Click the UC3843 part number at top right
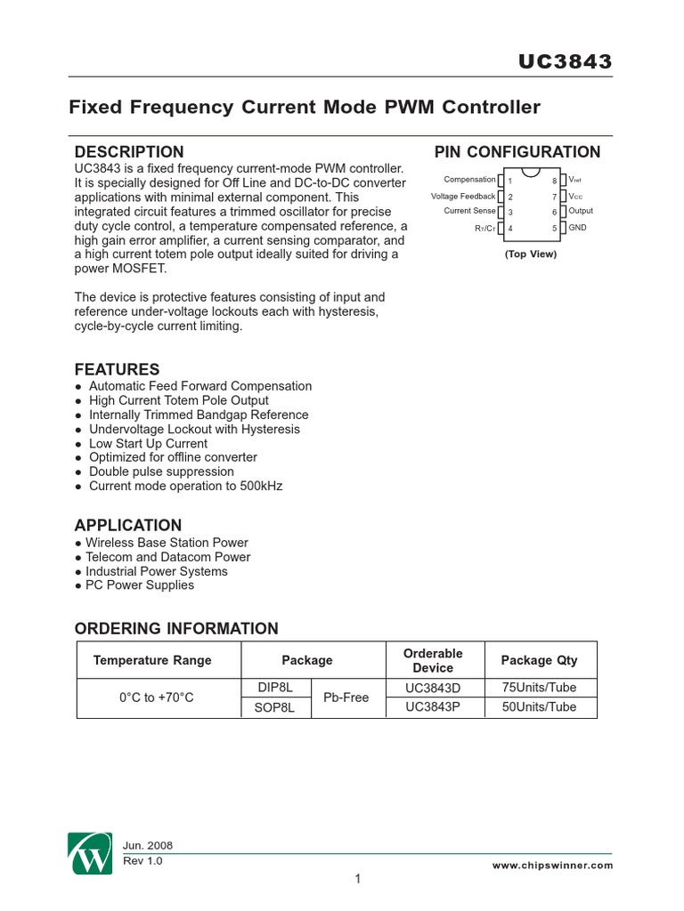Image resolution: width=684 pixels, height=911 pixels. [566, 61]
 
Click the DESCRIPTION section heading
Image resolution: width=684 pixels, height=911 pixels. [129, 152]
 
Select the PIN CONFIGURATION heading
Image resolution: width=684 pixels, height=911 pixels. [517, 152]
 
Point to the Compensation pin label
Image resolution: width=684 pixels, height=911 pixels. [469, 180]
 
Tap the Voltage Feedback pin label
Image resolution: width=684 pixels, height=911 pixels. [463, 196]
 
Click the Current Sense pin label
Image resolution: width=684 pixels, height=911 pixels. [469, 212]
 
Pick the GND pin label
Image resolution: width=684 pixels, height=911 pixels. [577, 228]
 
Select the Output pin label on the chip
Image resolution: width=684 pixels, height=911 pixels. [581, 212]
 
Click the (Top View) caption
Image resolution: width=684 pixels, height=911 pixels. [530, 254]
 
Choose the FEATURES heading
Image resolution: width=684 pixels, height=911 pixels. [117, 369]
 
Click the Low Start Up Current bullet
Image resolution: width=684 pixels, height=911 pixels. [148, 443]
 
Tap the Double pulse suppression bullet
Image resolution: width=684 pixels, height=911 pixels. [161, 472]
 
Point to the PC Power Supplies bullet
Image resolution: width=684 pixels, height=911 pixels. [139, 585]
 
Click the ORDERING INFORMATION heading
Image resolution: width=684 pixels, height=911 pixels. [176, 629]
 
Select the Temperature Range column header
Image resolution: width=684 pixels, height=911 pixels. [152, 660]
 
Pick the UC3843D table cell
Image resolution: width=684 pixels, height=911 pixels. [433, 688]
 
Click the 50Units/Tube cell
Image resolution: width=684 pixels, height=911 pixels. [539, 707]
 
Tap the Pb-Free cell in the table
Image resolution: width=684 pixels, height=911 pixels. [346, 697]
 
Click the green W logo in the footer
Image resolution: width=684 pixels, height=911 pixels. [89, 855]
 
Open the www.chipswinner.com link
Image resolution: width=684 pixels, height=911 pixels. [552, 865]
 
